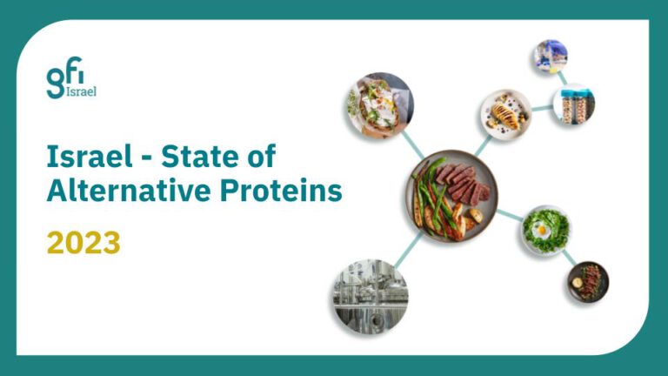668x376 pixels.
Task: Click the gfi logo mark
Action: tap(64, 77)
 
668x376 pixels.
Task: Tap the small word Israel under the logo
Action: tap(81, 91)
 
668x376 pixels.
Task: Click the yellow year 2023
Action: tap(83, 243)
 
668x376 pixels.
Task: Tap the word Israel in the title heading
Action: tap(90, 156)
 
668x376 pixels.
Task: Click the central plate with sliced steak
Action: tap(451, 196)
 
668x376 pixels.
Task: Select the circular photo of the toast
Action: tap(379, 105)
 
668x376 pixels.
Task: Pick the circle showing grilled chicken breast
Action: tap(505, 114)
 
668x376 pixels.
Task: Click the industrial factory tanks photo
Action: tap(371, 296)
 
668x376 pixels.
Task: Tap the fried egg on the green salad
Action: tap(542, 231)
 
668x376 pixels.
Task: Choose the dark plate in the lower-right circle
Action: tap(588, 282)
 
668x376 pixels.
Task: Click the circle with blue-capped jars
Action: tap(573, 105)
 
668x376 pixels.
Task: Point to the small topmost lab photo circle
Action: tap(551, 57)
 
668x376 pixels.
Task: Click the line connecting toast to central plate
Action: tap(412, 145)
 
